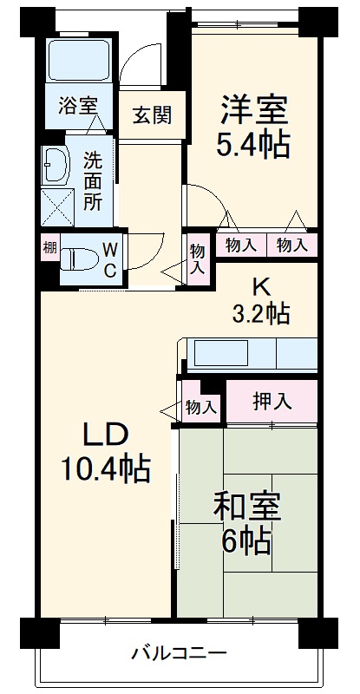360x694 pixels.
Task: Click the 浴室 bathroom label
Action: click(76, 108)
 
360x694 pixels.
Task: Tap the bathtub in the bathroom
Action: click(75, 59)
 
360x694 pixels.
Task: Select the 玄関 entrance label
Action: click(151, 114)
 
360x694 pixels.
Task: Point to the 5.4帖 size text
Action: click(252, 145)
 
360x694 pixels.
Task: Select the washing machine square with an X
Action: click(57, 206)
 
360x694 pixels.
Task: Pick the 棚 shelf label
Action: click(49, 248)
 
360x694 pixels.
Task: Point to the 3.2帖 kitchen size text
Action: click(259, 314)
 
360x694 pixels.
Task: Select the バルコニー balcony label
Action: click(180, 652)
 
